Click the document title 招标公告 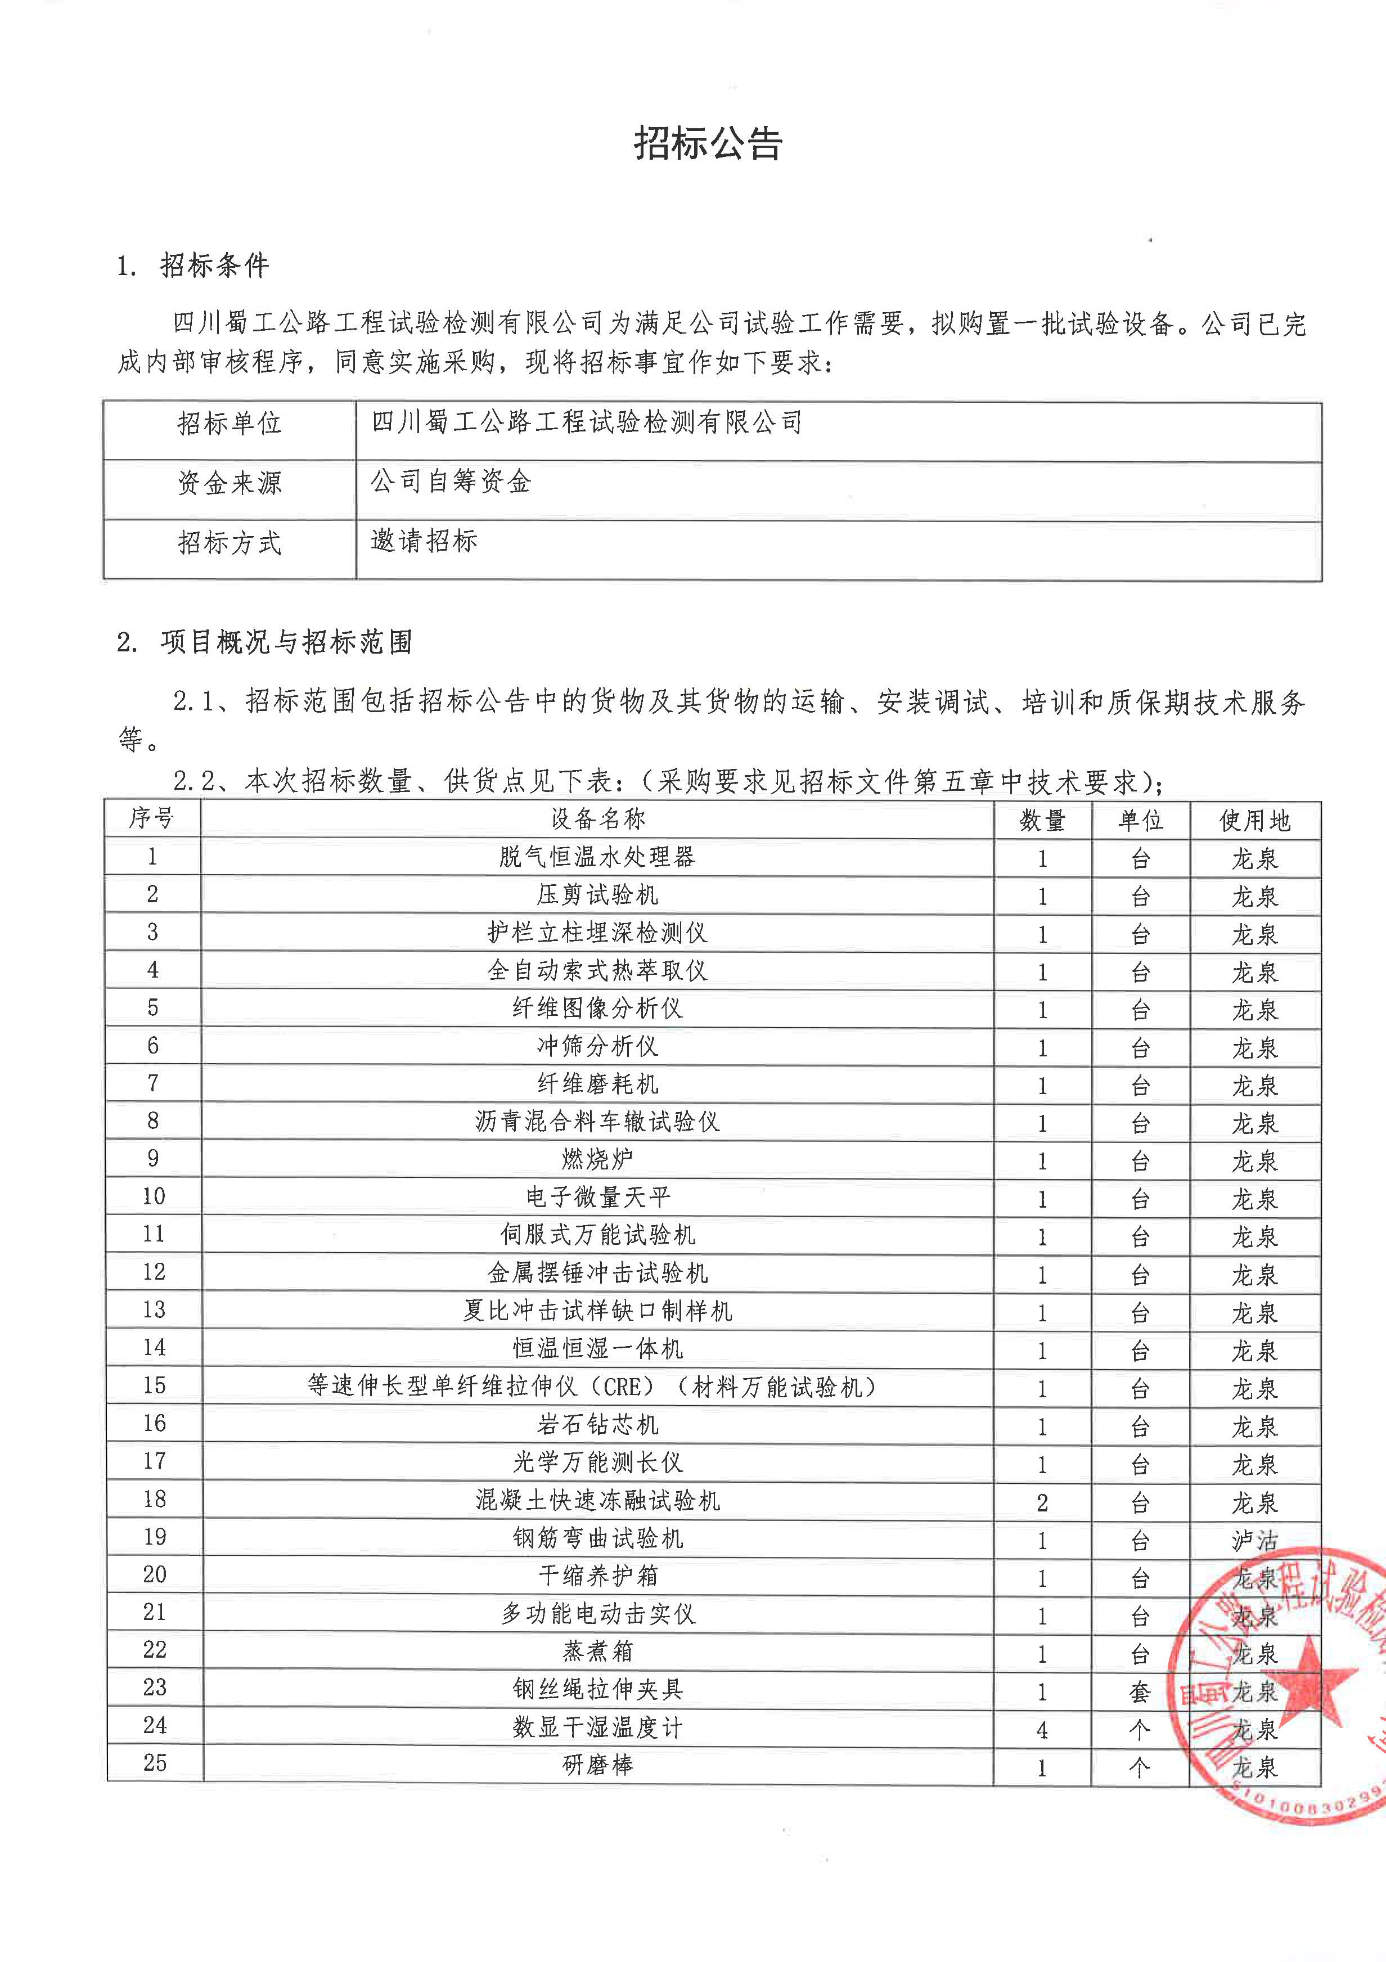point(708,143)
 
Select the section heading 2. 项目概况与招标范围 point(265,642)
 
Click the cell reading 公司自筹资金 point(451,482)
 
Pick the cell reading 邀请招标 point(424,541)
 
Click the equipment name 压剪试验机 point(597,895)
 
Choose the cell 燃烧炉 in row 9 point(597,1160)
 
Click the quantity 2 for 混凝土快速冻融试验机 point(1042,1503)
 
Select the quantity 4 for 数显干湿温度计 point(1042,1730)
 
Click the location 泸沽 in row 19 point(1254,1541)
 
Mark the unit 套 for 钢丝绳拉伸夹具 point(1139,1693)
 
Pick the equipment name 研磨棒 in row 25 point(597,1766)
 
